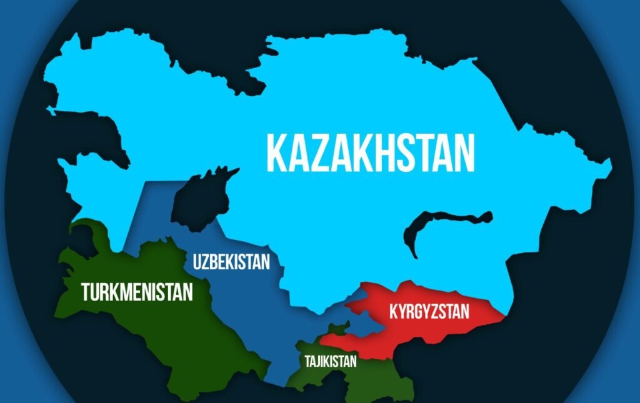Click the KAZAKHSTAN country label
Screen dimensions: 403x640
371,152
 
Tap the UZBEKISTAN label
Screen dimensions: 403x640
231,261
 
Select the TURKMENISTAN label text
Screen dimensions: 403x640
137,291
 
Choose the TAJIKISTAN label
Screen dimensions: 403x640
331,361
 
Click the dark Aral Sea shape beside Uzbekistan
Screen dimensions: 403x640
200,200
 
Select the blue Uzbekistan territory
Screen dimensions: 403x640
250,300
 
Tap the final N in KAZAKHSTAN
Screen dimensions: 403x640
463,152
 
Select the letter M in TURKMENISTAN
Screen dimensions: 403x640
129,291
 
